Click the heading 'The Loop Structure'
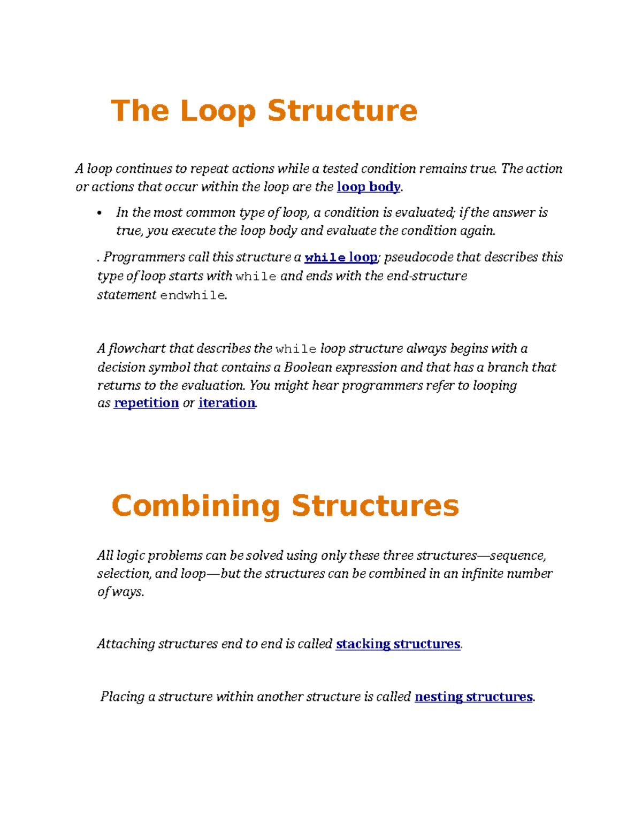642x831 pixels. click(x=264, y=111)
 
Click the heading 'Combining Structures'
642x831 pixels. click(x=285, y=506)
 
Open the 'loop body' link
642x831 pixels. click(x=368, y=187)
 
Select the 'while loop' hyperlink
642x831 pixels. click(x=341, y=257)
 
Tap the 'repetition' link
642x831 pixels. click(x=146, y=403)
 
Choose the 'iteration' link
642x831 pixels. click(x=227, y=403)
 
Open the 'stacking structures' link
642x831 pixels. click(x=398, y=644)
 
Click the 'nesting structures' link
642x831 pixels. click(x=473, y=697)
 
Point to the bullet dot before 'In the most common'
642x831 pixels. click(x=99, y=214)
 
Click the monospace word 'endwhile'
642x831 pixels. click(x=193, y=295)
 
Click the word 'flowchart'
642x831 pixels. click(x=136, y=349)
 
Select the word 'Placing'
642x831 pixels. click(x=122, y=697)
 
